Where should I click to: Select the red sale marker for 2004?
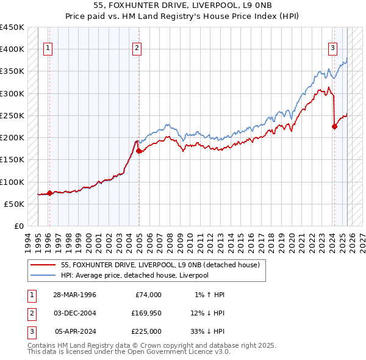pyautogui.click(x=139, y=151)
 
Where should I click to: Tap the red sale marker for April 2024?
pyautogui.click(x=334, y=127)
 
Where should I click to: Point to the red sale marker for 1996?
pyautogui.click(x=49, y=193)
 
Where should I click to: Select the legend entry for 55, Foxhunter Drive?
pyautogui.click(x=160, y=265)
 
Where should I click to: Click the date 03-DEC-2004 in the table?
pyautogui.click(x=74, y=313)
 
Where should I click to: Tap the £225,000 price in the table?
pyautogui.click(x=146, y=331)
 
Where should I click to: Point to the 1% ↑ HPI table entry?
pyautogui.click(x=209, y=295)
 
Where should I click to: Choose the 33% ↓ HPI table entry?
pyautogui.click(x=209, y=331)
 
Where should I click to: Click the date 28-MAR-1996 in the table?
pyautogui.click(x=74, y=295)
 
